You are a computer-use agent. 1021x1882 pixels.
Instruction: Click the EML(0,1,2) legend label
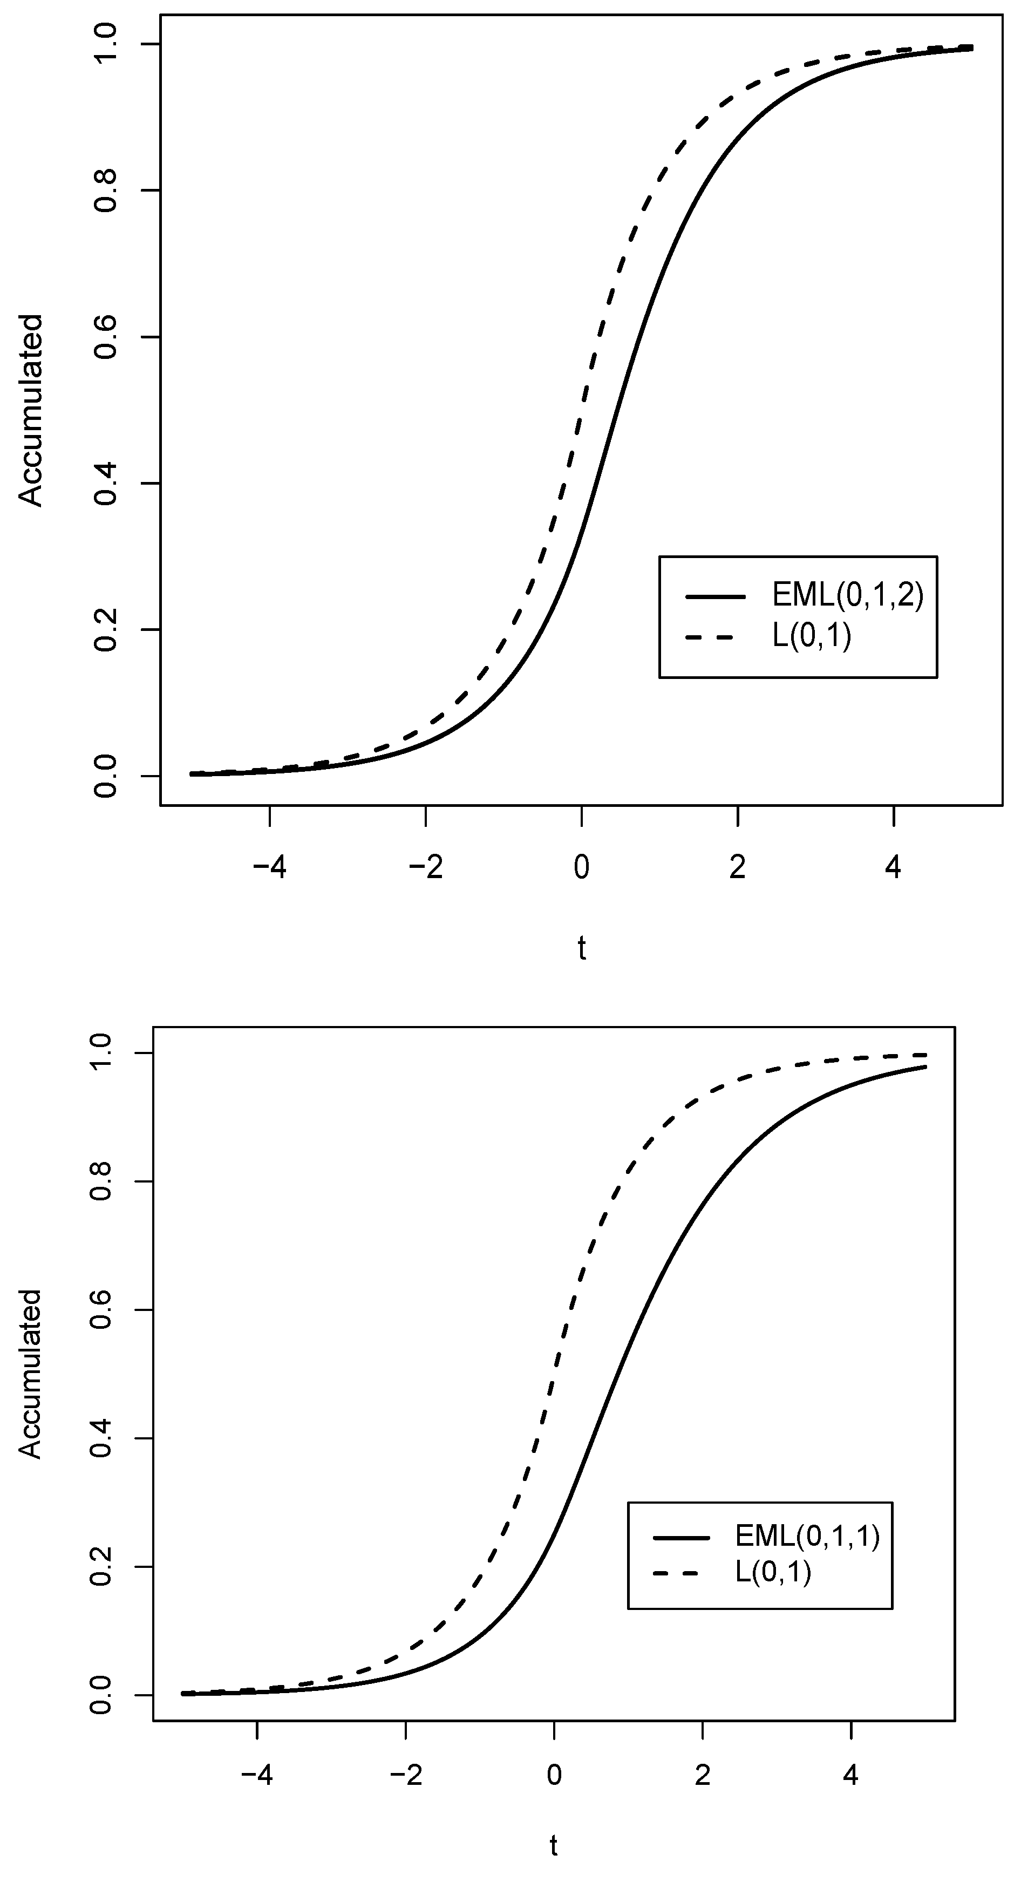click(848, 596)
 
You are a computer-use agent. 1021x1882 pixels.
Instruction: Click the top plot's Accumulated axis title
click(31, 411)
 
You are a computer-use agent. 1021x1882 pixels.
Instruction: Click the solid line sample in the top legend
click(715, 597)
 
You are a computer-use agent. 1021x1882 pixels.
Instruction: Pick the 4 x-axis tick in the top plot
click(893, 867)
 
